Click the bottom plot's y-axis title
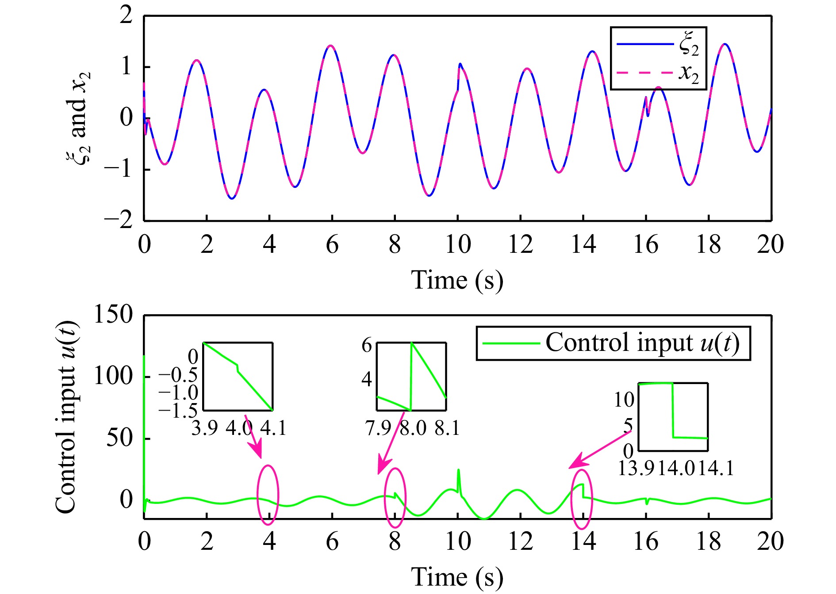[66, 417]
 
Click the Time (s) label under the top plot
[457, 280]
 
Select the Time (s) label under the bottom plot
[457, 577]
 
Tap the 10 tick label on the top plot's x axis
[457, 244]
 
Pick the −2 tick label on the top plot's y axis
[119, 220]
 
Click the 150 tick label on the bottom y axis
[113, 315]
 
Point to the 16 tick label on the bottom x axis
[646, 542]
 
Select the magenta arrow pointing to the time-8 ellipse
[391, 443]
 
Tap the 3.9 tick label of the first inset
[204, 428]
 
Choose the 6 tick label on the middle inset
[367, 345]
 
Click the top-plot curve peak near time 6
[331, 46]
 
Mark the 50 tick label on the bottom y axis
[119, 438]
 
